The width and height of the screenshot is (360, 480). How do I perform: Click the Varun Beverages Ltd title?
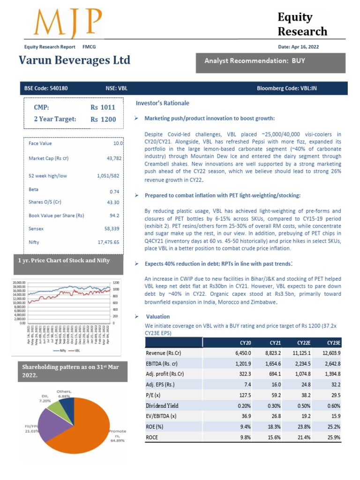point(75,60)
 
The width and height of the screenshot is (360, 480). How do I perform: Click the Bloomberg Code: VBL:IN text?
point(287,88)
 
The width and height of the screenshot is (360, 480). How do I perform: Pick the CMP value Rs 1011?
point(103,107)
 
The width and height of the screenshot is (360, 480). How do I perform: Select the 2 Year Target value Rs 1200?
point(103,120)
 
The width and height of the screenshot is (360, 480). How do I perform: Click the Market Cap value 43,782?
point(114,158)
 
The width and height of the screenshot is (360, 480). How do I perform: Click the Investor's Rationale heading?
point(163,103)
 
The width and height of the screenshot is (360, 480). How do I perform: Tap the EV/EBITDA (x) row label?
point(161,416)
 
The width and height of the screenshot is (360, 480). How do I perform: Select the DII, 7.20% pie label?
point(45,398)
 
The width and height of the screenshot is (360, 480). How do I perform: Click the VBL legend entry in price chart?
point(75,350)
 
